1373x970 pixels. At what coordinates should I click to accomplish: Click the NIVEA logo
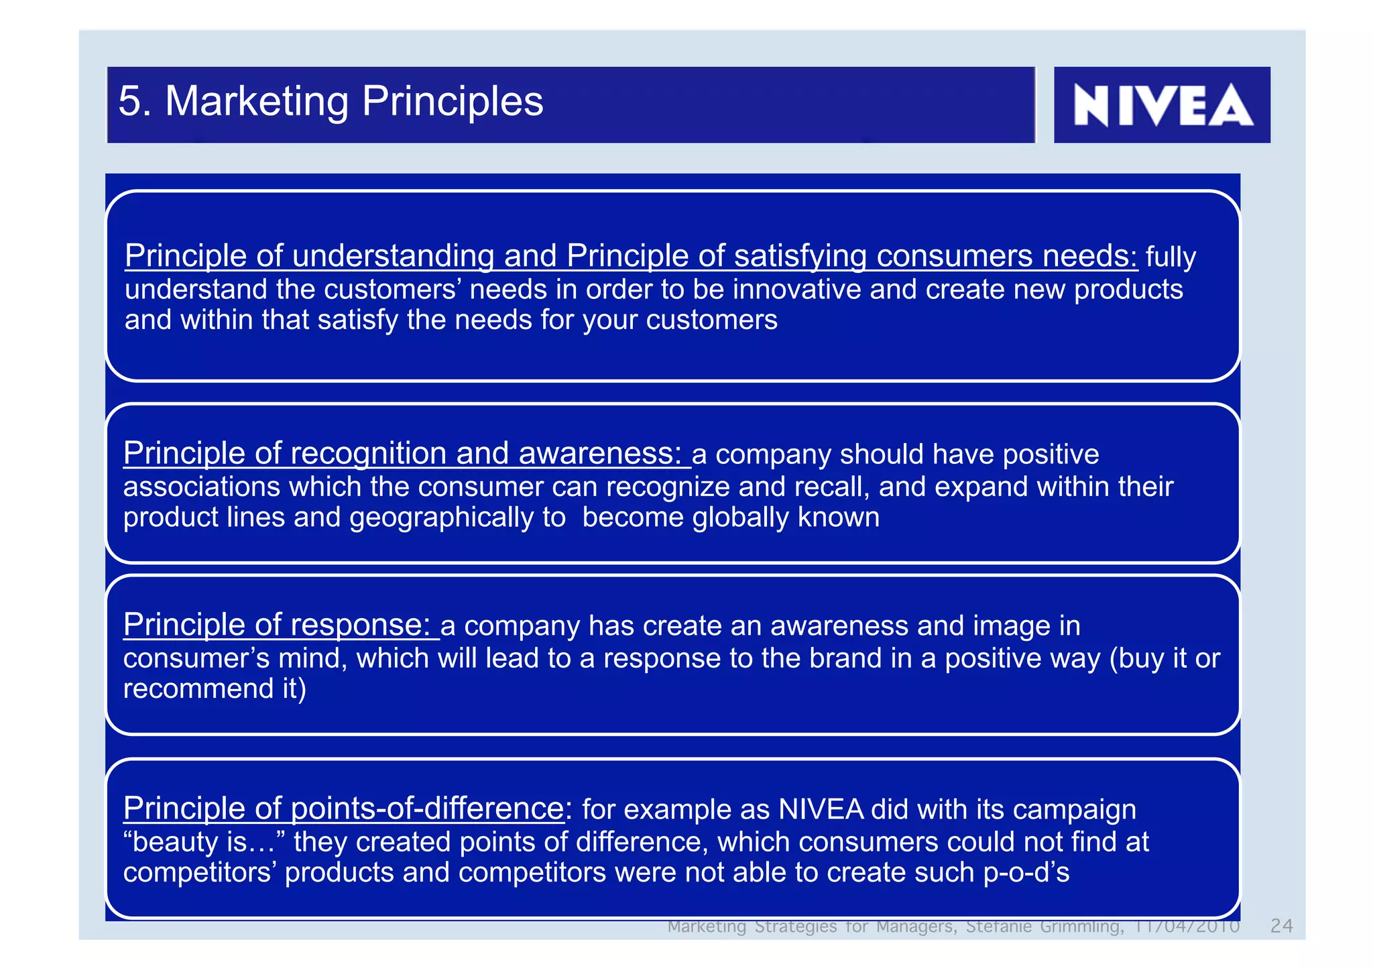tap(1162, 105)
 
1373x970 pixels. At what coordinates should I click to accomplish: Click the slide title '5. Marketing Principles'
tap(331, 101)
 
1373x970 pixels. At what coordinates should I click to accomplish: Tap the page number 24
tap(1281, 926)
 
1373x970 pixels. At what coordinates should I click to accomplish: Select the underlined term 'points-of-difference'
tap(428, 808)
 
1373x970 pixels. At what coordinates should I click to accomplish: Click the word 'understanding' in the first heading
tap(393, 256)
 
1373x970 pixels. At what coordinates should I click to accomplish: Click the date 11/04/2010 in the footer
tap(1185, 926)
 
